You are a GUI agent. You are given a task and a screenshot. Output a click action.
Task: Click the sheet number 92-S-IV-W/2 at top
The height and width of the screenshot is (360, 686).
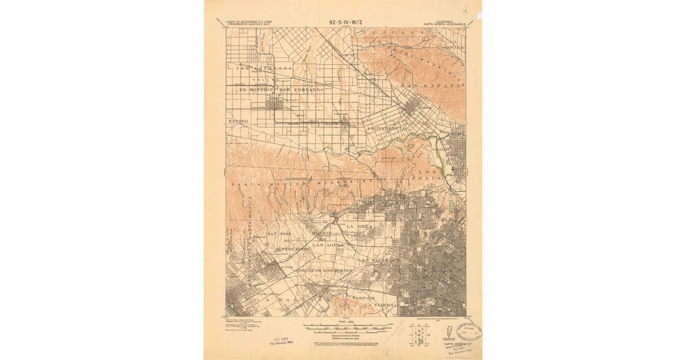(x=346, y=22)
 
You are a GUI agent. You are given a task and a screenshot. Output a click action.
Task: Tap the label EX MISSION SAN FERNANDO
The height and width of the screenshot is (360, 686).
(x=277, y=90)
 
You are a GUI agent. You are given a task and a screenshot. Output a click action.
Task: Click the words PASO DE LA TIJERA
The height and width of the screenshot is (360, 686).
(x=374, y=301)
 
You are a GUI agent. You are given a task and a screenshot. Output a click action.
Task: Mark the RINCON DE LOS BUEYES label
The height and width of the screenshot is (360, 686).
(x=320, y=269)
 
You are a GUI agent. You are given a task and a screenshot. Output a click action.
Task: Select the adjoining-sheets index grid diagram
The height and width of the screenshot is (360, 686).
(x=419, y=334)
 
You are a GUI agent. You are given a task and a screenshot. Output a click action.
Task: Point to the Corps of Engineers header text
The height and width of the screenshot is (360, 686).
(x=249, y=23)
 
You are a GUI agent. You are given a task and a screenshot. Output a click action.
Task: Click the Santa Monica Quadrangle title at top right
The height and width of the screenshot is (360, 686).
(x=444, y=23)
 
